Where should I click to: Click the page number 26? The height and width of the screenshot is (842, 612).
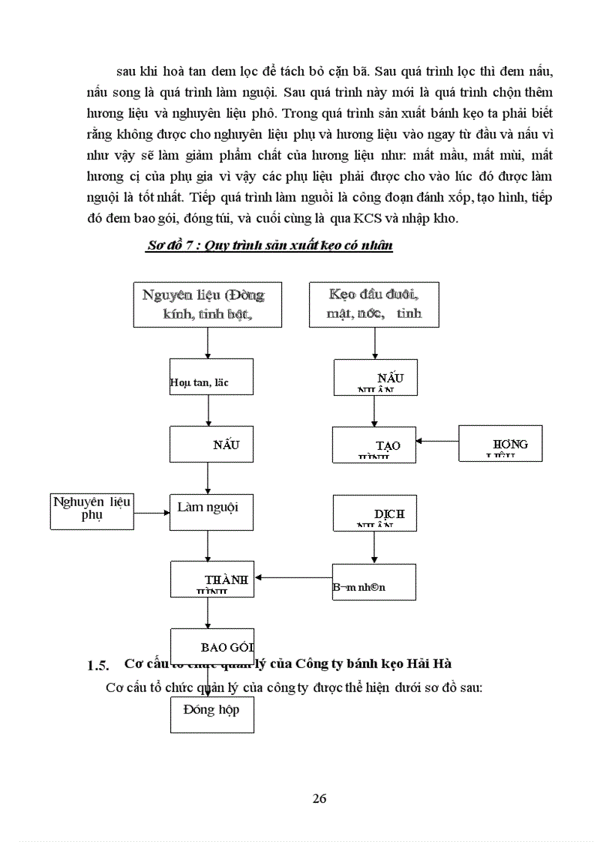click(x=319, y=799)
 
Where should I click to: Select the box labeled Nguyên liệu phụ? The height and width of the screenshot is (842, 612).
click(x=91, y=511)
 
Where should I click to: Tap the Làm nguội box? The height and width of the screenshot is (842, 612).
click(x=211, y=513)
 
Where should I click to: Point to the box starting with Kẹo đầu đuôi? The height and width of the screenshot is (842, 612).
click(x=374, y=304)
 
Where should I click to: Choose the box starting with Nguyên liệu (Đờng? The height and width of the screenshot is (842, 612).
click(x=208, y=304)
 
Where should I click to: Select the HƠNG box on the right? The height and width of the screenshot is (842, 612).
click(x=500, y=444)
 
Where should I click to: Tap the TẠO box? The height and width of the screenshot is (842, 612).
click(x=374, y=445)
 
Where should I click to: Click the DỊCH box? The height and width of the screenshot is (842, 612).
click(x=374, y=514)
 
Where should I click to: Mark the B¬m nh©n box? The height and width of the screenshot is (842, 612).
click(x=374, y=583)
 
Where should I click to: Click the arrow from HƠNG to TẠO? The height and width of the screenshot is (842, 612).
click(x=438, y=441)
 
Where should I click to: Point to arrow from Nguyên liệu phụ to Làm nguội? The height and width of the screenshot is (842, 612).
click(x=152, y=513)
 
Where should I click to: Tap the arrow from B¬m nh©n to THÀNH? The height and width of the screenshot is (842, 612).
click(x=295, y=578)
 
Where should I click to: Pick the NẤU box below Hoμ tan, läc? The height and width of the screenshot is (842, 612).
click(x=211, y=444)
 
